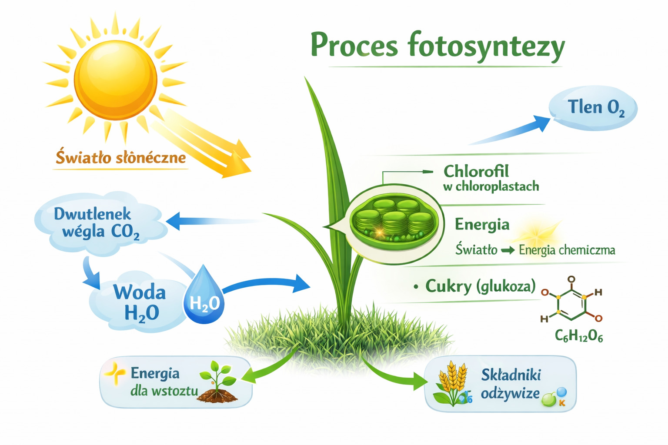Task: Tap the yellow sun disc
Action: [116, 80]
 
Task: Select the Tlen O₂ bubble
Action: [593, 108]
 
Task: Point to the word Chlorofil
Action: [476, 171]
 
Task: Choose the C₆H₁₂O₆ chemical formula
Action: [579, 336]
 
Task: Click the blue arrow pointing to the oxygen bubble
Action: [510, 130]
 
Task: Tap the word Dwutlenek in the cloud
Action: [92, 214]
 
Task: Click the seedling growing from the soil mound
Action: [218, 382]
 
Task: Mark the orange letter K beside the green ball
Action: [562, 403]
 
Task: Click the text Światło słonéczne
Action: [121, 157]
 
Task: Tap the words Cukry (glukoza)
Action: [480, 286]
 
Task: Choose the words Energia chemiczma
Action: [567, 250]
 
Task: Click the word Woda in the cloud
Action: [139, 292]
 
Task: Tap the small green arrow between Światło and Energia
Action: [508, 250]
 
